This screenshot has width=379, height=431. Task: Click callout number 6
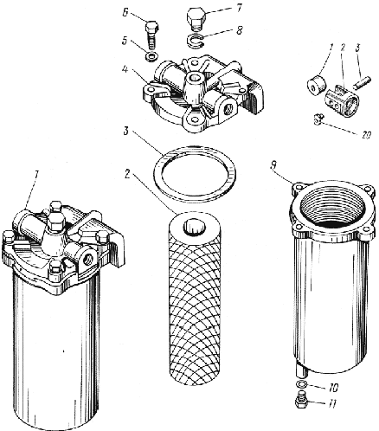pos(125,13)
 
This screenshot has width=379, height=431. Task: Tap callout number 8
pos(240,30)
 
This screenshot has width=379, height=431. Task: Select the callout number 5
pos(125,41)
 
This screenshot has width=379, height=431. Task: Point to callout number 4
pos(125,70)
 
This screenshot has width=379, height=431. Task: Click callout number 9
pos(273,165)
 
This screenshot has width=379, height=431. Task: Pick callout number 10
pos(332,388)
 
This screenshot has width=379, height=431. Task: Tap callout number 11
pos(332,404)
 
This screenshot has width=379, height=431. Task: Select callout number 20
pos(365,135)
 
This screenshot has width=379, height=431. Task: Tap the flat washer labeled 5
pos(151,56)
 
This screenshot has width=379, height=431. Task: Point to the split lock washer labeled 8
pos(196,41)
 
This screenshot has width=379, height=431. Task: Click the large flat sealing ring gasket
pos(195,174)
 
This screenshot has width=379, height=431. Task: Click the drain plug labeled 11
pos(301,401)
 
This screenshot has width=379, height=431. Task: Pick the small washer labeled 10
pos(301,384)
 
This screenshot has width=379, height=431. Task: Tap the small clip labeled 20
pos(319,119)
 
